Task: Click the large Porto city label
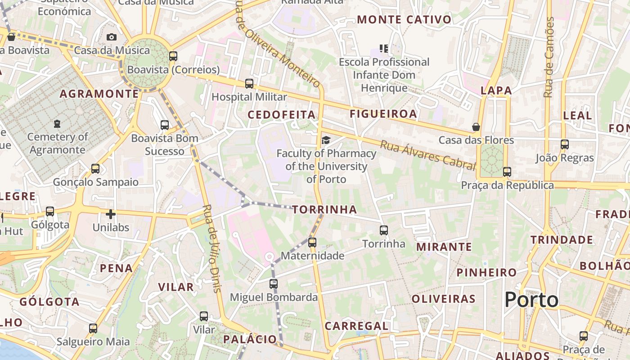[531, 300]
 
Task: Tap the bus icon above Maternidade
[312, 243]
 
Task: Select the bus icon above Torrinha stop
[384, 230]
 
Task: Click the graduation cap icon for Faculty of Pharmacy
[326, 140]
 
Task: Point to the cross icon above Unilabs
[111, 214]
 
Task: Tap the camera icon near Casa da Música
[112, 37]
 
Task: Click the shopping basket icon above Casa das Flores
[476, 127]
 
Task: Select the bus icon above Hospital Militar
[249, 84]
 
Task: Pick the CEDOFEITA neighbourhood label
[282, 115]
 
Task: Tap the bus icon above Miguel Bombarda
[274, 284]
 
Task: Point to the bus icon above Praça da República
[507, 172]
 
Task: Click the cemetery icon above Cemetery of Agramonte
[57, 123]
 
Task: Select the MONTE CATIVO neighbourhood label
[404, 20]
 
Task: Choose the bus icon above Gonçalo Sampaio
[95, 169]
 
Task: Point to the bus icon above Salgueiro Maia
[93, 328]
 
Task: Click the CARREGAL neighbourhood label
[356, 326]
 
